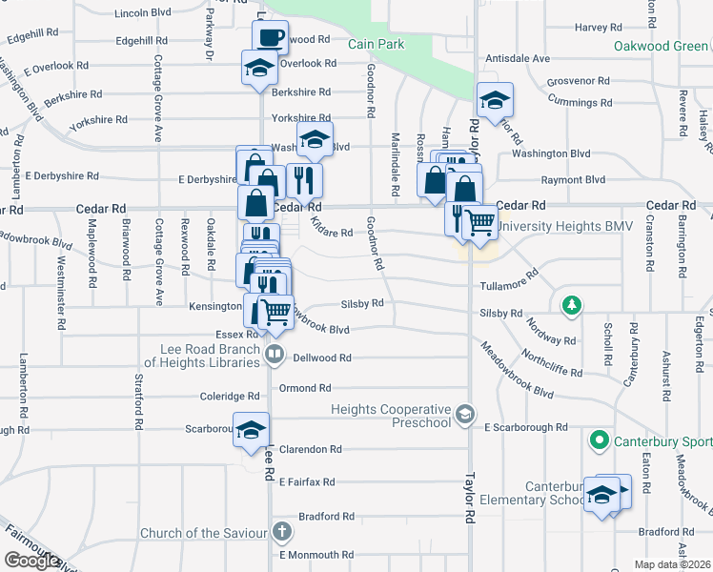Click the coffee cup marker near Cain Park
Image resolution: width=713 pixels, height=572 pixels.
pyautogui.click(x=270, y=37)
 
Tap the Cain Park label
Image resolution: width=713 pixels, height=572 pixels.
pyautogui.click(x=376, y=44)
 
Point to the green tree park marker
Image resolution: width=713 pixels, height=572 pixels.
pyautogui.click(x=571, y=305)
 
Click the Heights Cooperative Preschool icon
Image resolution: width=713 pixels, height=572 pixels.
pyautogui.click(x=464, y=413)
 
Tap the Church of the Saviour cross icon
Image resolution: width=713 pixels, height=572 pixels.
pyautogui.click(x=281, y=531)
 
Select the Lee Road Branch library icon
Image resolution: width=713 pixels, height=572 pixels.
pyautogui.click(x=275, y=355)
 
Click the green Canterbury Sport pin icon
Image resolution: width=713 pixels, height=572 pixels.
pyautogui.click(x=599, y=440)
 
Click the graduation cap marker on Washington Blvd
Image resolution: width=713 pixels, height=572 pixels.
pyautogui.click(x=314, y=139)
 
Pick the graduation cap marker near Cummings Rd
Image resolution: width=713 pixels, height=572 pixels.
pyautogui.click(x=495, y=100)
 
